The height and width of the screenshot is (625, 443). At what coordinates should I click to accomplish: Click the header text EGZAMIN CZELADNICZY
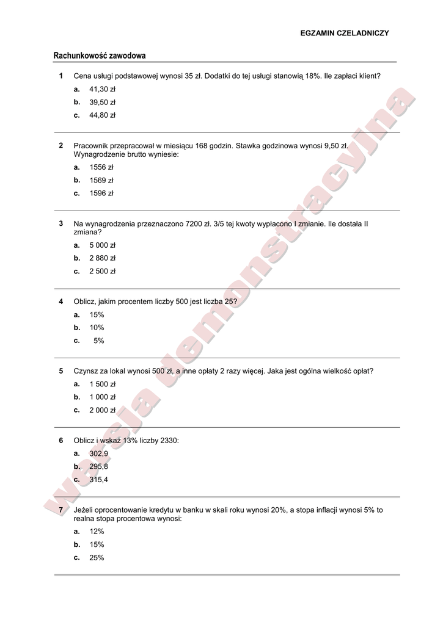[x=345, y=34]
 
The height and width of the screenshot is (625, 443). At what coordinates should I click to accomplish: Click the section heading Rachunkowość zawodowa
[x=100, y=56]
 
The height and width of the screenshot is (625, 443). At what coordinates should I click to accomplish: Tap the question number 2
[x=61, y=146]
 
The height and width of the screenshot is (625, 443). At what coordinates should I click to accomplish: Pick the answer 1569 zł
[x=101, y=180]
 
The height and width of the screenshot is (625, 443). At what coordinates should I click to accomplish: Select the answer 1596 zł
[x=101, y=193]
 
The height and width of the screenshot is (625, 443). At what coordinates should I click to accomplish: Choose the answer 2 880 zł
[x=102, y=258]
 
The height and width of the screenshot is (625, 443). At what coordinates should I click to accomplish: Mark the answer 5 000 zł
[x=102, y=245]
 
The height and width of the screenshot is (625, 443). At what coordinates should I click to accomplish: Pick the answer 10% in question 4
[x=97, y=328]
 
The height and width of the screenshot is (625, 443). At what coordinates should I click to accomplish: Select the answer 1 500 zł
[x=102, y=385]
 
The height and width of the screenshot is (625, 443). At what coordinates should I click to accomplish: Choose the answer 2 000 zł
[x=102, y=410]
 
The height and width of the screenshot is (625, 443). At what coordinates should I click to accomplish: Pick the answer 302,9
[x=98, y=453]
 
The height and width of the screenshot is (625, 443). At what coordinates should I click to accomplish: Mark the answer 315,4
[x=98, y=480]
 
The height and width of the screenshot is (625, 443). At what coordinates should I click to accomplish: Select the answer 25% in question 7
[x=97, y=558]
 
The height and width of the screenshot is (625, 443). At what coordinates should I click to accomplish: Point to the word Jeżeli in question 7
[x=84, y=510]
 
